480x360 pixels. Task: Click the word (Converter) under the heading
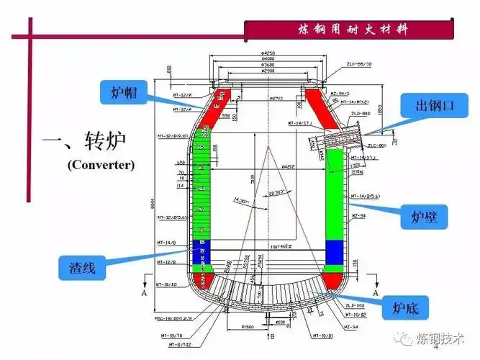click(101, 165)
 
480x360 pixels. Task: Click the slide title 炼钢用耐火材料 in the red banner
click(352, 30)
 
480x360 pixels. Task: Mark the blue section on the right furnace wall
click(335, 251)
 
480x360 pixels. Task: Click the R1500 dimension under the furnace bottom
click(248, 327)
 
